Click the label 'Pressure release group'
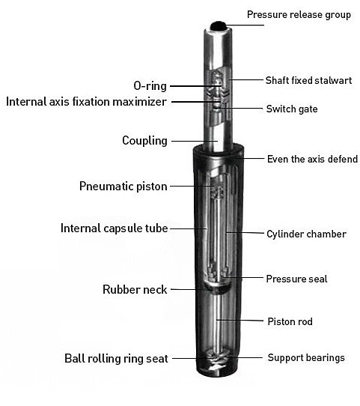coord(299,15)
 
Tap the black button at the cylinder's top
coord(218,25)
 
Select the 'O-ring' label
coord(150,86)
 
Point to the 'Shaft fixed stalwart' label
coord(309,80)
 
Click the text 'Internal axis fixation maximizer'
coord(86,102)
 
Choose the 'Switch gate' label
coord(292,109)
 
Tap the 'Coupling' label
coord(145,141)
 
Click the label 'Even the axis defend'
coord(312,159)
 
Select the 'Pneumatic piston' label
coord(123,187)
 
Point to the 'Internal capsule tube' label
coord(115,228)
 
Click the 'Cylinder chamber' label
coord(306,234)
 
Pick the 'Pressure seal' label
coord(297,279)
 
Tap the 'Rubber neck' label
coord(135,289)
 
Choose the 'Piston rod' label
coord(290,321)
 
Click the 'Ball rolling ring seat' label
coord(116,359)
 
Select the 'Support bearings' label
coord(306,357)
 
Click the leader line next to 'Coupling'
coord(195,141)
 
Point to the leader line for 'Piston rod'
coord(240,321)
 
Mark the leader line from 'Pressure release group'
coord(245,25)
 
